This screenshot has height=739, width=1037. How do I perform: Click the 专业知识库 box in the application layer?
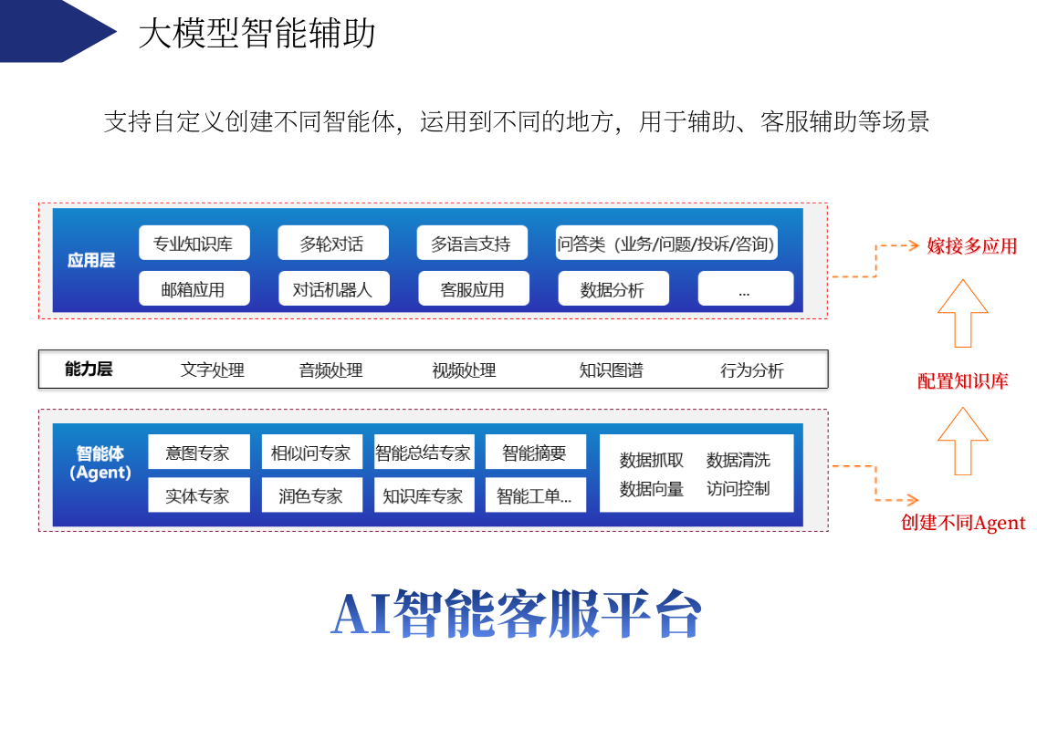[x=194, y=243]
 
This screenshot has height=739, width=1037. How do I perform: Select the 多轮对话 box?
[x=332, y=243]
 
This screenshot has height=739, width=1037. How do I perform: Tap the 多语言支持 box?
[x=472, y=243]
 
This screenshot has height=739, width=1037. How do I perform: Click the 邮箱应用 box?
[x=194, y=288]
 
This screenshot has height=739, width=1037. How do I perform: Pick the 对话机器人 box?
[x=334, y=288]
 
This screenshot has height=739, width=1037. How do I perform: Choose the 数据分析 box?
[x=613, y=288]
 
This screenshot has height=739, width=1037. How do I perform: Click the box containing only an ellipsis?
[x=745, y=288]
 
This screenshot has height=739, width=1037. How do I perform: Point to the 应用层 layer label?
[x=91, y=260]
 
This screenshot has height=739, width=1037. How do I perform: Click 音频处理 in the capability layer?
[x=330, y=370]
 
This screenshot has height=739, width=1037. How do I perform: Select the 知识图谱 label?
[x=611, y=370]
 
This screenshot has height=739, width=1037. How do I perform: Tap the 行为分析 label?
[x=752, y=370]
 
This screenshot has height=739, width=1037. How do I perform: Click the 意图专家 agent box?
[x=198, y=453]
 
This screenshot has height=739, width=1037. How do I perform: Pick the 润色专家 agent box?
[x=311, y=495]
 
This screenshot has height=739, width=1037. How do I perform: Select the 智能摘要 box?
[x=535, y=453]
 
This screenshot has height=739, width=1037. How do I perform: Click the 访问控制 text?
[x=738, y=488]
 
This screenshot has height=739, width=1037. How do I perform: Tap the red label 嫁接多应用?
[x=971, y=246]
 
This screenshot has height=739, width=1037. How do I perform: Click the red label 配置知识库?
[x=963, y=381]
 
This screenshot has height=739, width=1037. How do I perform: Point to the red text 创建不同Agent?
[x=963, y=523]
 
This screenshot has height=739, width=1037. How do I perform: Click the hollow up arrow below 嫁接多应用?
[x=963, y=313]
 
